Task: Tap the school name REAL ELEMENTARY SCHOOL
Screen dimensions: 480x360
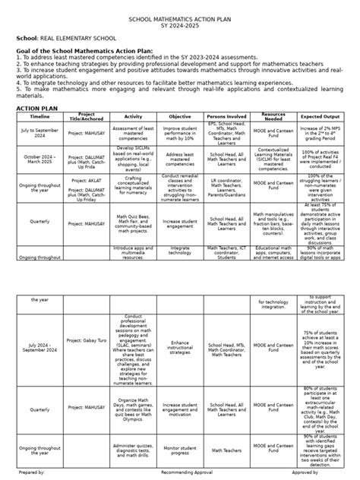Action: [x=69, y=37]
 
